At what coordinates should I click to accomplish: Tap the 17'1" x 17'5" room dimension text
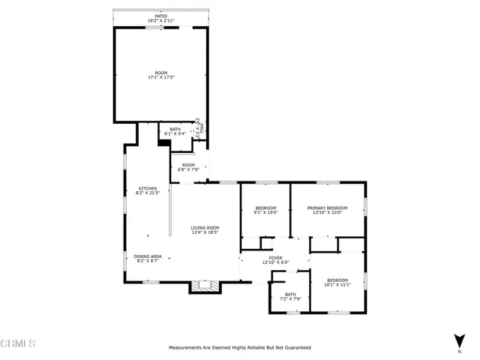[x=160, y=77]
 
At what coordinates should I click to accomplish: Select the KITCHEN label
[x=147, y=187]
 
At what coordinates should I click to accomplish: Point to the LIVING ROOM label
[x=204, y=227]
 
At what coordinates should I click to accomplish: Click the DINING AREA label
[x=147, y=256]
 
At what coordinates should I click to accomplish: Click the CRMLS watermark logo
[x=19, y=344]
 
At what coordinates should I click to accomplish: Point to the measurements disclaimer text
[x=239, y=348]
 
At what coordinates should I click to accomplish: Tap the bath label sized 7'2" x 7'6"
[x=291, y=295]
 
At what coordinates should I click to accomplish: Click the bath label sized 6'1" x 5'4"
[x=175, y=130]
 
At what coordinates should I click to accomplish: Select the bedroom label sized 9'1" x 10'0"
[x=266, y=208]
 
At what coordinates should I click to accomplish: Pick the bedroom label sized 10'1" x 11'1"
[x=337, y=280]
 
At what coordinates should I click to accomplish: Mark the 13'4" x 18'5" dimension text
[x=204, y=232]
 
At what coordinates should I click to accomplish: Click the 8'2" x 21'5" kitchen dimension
[x=147, y=193]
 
